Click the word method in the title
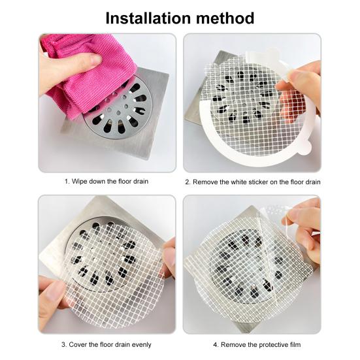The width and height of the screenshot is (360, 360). [x=224, y=18]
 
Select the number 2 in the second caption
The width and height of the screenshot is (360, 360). [x=187, y=181]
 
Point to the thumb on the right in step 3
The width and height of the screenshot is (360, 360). [x=169, y=258]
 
